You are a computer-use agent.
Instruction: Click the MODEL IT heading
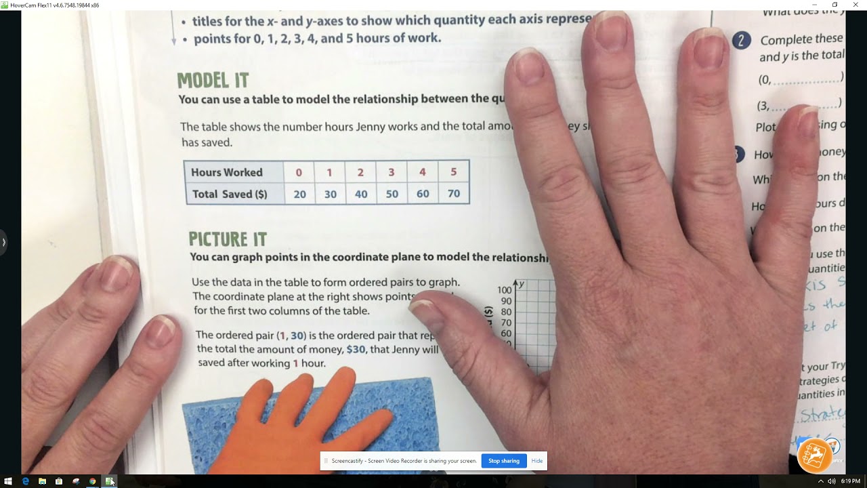[x=213, y=81]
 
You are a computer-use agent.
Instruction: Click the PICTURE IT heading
[x=228, y=239]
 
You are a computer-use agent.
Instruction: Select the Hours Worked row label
[x=226, y=172]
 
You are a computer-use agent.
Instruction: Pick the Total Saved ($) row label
[x=229, y=194]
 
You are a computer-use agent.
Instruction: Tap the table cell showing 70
[x=453, y=194]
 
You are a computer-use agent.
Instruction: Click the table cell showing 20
[x=299, y=195]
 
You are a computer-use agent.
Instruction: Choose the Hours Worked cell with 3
[x=391, y=172]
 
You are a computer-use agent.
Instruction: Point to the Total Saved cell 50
[x=392, y=195]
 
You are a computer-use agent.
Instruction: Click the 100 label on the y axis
[x=504, y=290]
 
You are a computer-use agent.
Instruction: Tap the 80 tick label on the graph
[x=506, y=312]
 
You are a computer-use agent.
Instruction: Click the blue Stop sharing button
[x=503, y=461]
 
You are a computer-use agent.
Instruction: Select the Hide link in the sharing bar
[x=536, y=461]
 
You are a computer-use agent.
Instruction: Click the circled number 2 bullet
[x=741, y=41]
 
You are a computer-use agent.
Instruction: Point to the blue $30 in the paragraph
[x=356, y=350]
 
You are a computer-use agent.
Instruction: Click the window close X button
[x=853, y=5]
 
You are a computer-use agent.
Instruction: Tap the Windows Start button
[x=8, y=481]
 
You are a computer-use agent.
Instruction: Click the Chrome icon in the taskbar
[x=93, y=481]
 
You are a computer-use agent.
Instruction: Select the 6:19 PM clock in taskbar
[x=850, y=481]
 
